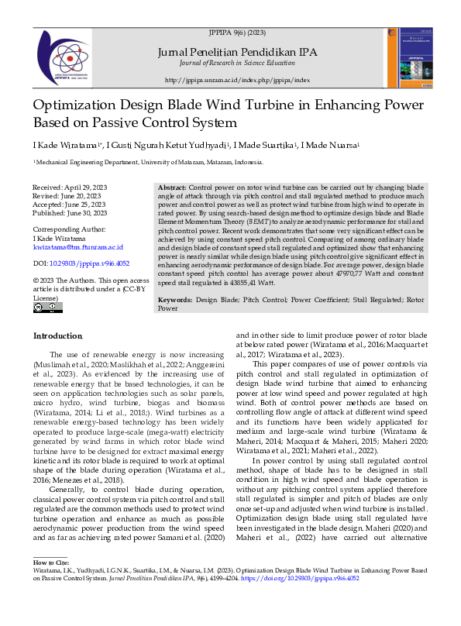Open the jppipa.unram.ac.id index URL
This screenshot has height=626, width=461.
(237, 80)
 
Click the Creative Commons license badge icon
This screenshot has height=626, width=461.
(48, 308)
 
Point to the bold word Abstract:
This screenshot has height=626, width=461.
(172, 188)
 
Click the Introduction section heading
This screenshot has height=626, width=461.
(57, 335)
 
